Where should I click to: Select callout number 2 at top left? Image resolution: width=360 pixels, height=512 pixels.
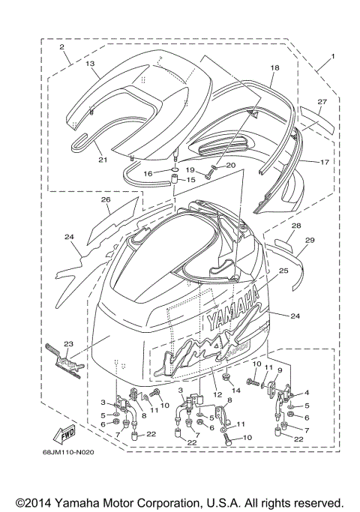62,46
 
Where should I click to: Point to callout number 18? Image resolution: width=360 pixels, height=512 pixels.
274,68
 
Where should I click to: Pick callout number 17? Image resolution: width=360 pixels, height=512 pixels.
325,161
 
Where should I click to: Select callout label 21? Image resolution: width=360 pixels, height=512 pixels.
103,160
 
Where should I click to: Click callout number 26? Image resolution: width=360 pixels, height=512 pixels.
106,200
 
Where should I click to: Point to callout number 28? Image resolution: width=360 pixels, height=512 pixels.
296,225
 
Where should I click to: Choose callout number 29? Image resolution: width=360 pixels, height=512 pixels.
310,240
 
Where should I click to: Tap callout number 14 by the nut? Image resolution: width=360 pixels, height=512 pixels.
235,391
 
